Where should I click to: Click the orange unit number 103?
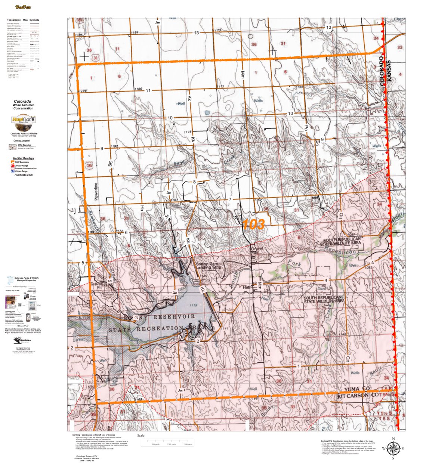tap(253, 225)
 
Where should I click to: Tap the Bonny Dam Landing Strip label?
tap(209, 265)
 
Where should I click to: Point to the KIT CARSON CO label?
tap(358, 395)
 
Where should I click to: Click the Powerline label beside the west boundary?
tap(96, 191)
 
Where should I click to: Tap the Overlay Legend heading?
tap(23, 140)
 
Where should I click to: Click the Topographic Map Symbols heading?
tap(23, 20)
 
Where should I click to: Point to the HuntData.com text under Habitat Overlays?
tap(23, 174)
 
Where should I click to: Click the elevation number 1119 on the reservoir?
tap(194, 306)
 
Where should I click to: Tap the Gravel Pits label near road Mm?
tap(257, 250)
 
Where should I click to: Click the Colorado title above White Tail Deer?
tap(22, 101)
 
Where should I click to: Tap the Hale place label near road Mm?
tap(246, 287)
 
